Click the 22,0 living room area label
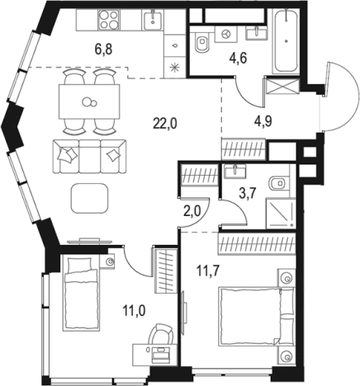165,125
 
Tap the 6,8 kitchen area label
103,49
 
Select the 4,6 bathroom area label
239,59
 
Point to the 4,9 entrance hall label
263,121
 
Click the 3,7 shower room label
248,193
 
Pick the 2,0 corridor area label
192,212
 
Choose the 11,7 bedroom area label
207,271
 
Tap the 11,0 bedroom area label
135,311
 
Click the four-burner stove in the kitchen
109,20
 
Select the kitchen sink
153,19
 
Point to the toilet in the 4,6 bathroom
201,42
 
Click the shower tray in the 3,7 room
281,214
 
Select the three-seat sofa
90,156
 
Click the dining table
89,101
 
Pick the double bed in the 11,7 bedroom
257,316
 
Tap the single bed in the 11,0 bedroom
81,293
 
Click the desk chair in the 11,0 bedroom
161,333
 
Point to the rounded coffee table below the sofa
89,198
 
